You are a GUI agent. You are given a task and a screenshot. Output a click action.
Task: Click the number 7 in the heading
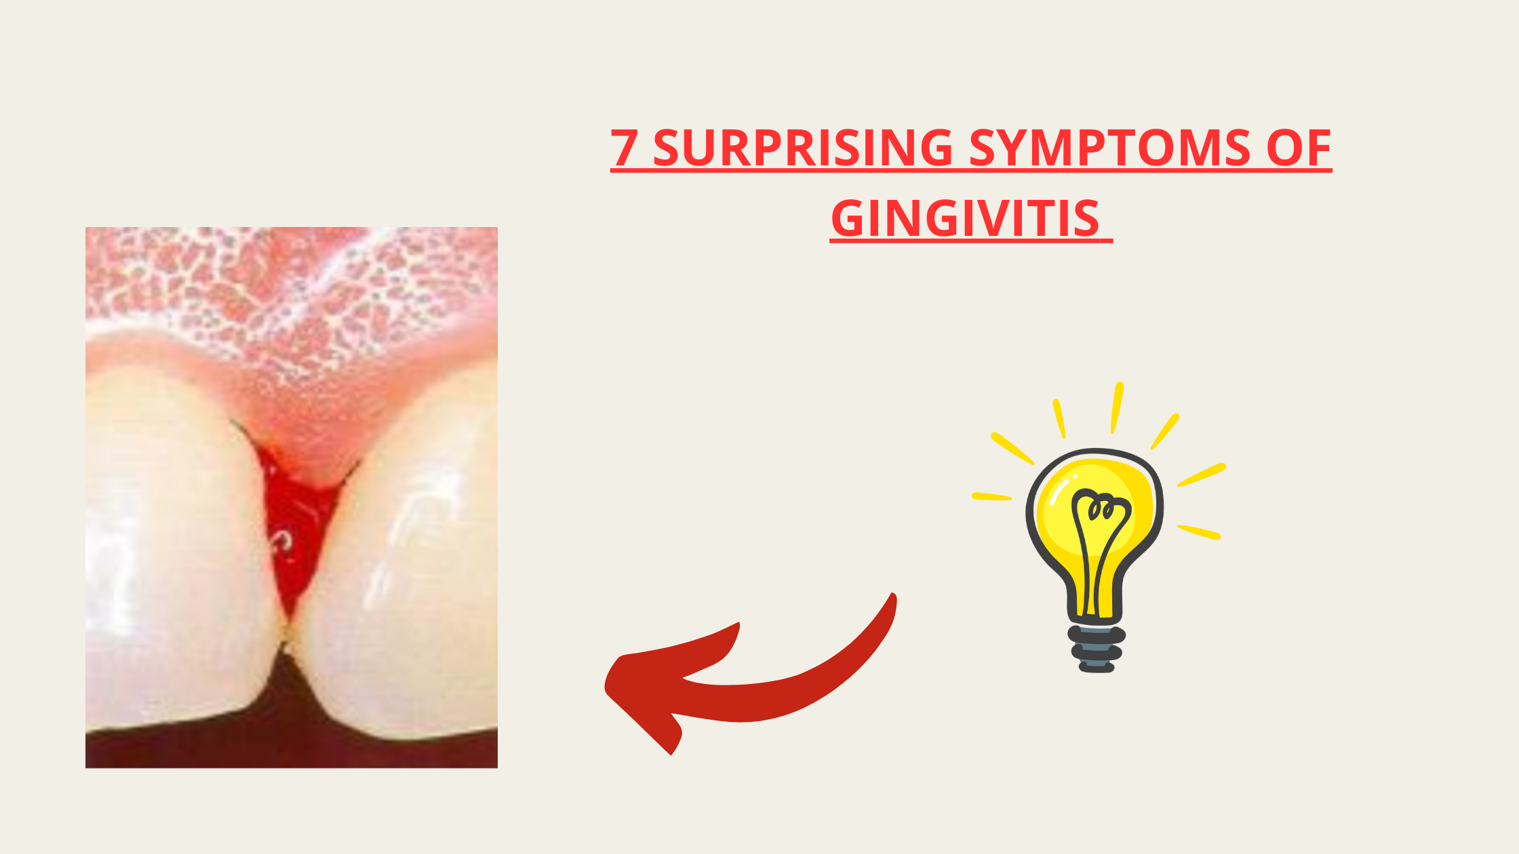(624, 147)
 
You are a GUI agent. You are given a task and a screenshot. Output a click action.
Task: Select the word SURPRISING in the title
(804, 147)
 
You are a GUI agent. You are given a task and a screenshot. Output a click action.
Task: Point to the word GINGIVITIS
(965, 218)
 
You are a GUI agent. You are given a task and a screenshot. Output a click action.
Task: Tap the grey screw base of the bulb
(1097, 649)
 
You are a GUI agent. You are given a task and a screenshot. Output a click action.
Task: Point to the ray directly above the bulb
(1116, 407)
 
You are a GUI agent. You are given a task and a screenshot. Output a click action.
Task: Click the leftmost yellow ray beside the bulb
(992, 497)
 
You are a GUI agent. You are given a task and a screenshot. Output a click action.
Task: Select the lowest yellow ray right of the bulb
(1199, 532)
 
